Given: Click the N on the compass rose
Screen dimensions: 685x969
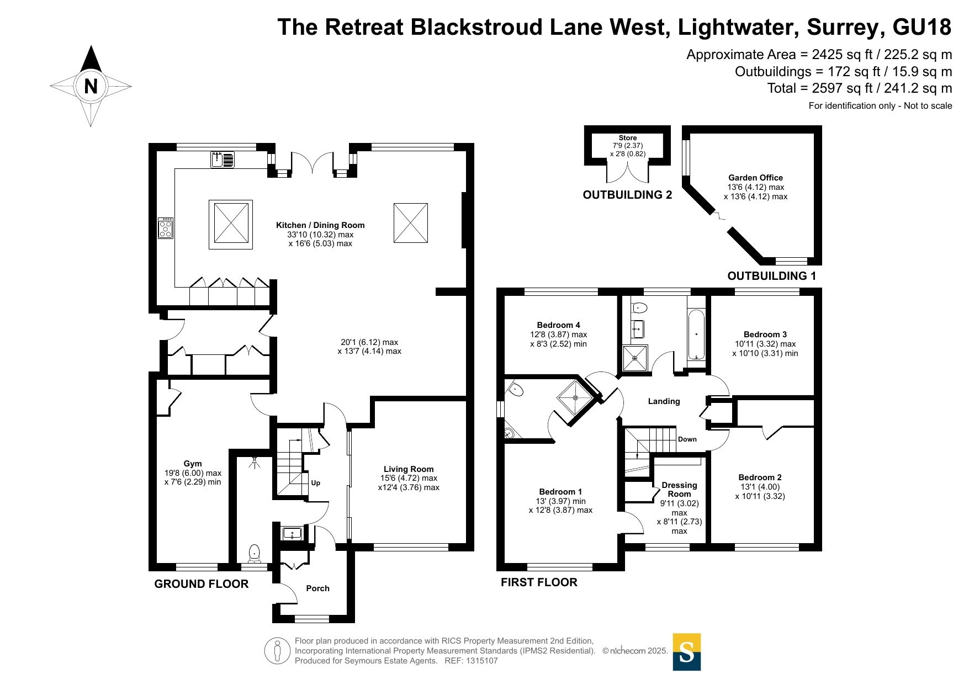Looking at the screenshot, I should coord(91,86).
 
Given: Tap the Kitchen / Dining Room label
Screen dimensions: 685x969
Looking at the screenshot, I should coord(320,225).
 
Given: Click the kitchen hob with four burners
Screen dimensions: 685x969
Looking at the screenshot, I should coord(166,228).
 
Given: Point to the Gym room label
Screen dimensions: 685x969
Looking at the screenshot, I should coord(193,464).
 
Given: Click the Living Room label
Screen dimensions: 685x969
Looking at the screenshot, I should coord(409,469).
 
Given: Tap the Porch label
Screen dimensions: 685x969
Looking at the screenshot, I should coord(317,588).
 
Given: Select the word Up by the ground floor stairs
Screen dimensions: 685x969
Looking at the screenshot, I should coord(315,483).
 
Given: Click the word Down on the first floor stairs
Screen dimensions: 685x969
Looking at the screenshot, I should coord(687,439).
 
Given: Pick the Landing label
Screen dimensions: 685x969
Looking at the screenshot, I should coord(664,401).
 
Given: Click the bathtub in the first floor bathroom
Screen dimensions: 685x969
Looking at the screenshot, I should coord(696,334).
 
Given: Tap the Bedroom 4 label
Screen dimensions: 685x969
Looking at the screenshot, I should coord(558,325).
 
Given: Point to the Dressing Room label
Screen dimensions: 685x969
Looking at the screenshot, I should coord(679,490).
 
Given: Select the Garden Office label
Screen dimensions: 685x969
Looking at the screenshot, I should coord(755,178).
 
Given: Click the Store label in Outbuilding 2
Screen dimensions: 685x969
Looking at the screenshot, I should coord(628,138).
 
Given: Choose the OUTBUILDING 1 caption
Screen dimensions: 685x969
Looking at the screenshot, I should coord(771,276).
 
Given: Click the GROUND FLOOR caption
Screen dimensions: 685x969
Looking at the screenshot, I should coord(201,584).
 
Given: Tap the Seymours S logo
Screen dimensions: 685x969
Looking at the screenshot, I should coord(686,652).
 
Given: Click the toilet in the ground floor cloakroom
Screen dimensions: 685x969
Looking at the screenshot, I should coord(254,553).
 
